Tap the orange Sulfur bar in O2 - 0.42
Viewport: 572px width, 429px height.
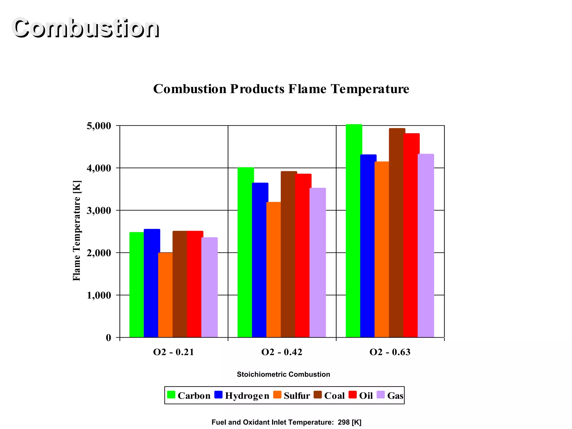tap(273, 270)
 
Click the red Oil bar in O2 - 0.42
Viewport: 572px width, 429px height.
tap(303, 256)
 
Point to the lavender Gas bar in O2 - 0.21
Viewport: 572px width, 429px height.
tap(209, 287)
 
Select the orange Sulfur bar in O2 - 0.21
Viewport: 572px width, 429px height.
tap(165, 295)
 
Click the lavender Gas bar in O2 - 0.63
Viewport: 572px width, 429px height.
tap(426, 246)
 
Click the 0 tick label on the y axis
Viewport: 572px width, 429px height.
tap(108, 338)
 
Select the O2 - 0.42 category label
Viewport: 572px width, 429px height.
tap(282, 352)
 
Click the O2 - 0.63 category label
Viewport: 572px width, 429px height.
tap(390, 352)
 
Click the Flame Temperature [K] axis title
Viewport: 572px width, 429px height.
tap(77, 231)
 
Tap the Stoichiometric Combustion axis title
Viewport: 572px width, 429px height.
tap(283, 375)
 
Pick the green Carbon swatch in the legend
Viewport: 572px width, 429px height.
tap(171, 395)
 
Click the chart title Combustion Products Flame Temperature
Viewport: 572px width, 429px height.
tap(281, 89)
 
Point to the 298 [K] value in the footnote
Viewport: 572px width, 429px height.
tap(349, 422)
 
